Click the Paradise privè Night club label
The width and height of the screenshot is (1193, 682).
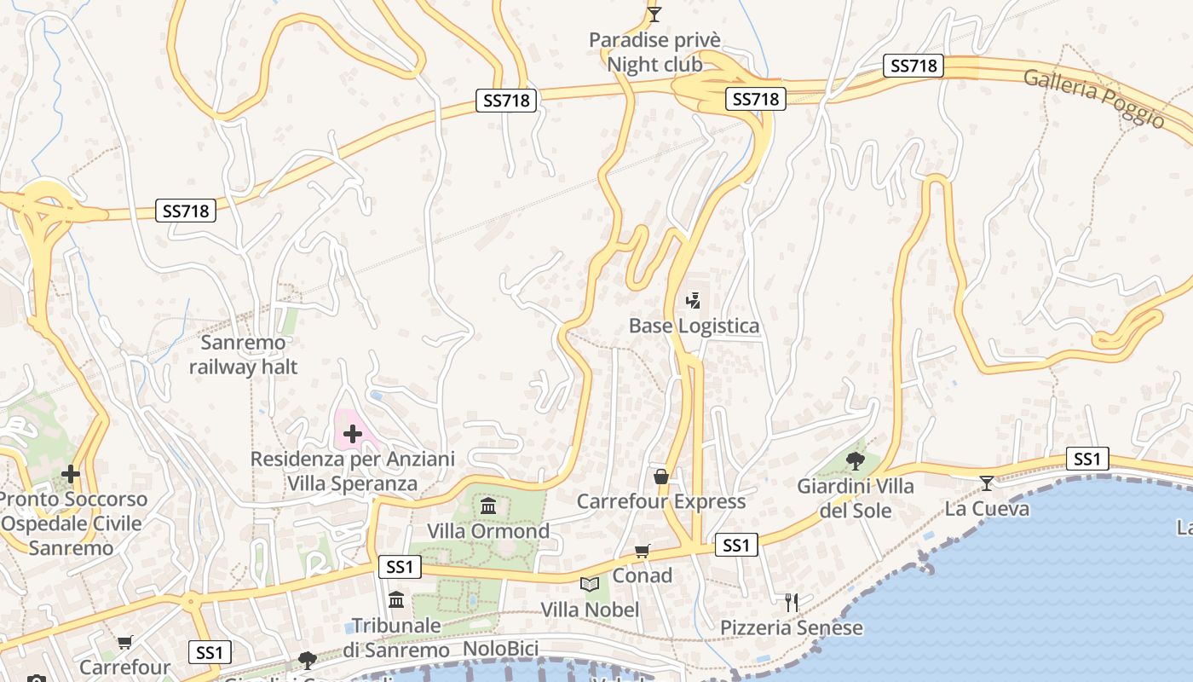coord(654,52)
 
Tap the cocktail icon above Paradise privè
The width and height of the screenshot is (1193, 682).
coord(654,14)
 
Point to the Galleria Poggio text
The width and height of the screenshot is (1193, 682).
coord(1093,98)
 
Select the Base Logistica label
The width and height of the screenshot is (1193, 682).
coord(694,326)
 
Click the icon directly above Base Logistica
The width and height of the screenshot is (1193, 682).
coord(694,300)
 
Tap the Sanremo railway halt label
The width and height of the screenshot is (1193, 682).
coord(243,355)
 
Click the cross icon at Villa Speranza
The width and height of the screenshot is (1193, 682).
coord(352,434)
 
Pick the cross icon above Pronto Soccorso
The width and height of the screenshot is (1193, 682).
coord(71,473)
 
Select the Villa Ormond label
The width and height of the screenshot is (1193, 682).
coord(488,531)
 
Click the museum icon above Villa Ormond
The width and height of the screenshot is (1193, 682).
coord(488,506)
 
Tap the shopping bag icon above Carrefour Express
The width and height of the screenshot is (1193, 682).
coord(660,476)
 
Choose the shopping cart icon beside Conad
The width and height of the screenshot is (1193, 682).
coord(642,552)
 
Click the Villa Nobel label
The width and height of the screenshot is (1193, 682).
coord(590,610)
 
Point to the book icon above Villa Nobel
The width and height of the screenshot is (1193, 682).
coord(590,584)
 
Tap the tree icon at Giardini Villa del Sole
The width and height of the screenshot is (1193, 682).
coord(856,461)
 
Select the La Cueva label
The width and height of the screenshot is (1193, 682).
coord(987,509)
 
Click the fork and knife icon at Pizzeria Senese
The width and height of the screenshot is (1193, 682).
coord(792,603)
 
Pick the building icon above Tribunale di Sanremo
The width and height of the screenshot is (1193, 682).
coord(396,600)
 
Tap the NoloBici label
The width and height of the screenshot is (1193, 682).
coord(501,649)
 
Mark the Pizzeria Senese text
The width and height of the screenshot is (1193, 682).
coord(792,628)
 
